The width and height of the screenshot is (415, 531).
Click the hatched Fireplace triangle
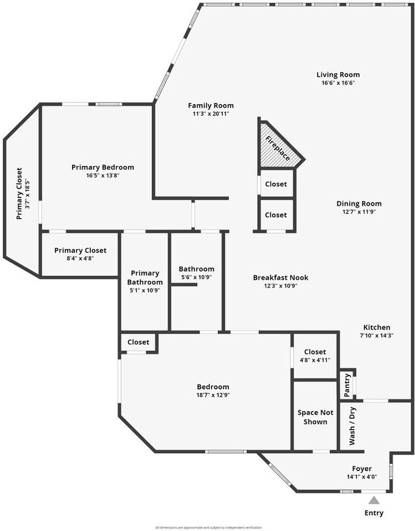277,148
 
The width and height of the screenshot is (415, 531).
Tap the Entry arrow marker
374,500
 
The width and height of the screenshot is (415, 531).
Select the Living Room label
338,75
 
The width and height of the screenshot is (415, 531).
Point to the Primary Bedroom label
103,167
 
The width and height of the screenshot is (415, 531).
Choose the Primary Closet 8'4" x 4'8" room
80,254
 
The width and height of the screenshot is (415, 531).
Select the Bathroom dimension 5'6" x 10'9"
196,277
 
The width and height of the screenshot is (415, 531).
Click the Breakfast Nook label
280,278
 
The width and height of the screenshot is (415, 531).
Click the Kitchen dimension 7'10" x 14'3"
376,335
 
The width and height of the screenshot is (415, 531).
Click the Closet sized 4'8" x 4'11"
315,356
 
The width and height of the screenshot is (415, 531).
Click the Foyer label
362,468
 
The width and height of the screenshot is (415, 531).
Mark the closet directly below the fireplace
276,184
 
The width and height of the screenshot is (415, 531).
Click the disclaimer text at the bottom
207,527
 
